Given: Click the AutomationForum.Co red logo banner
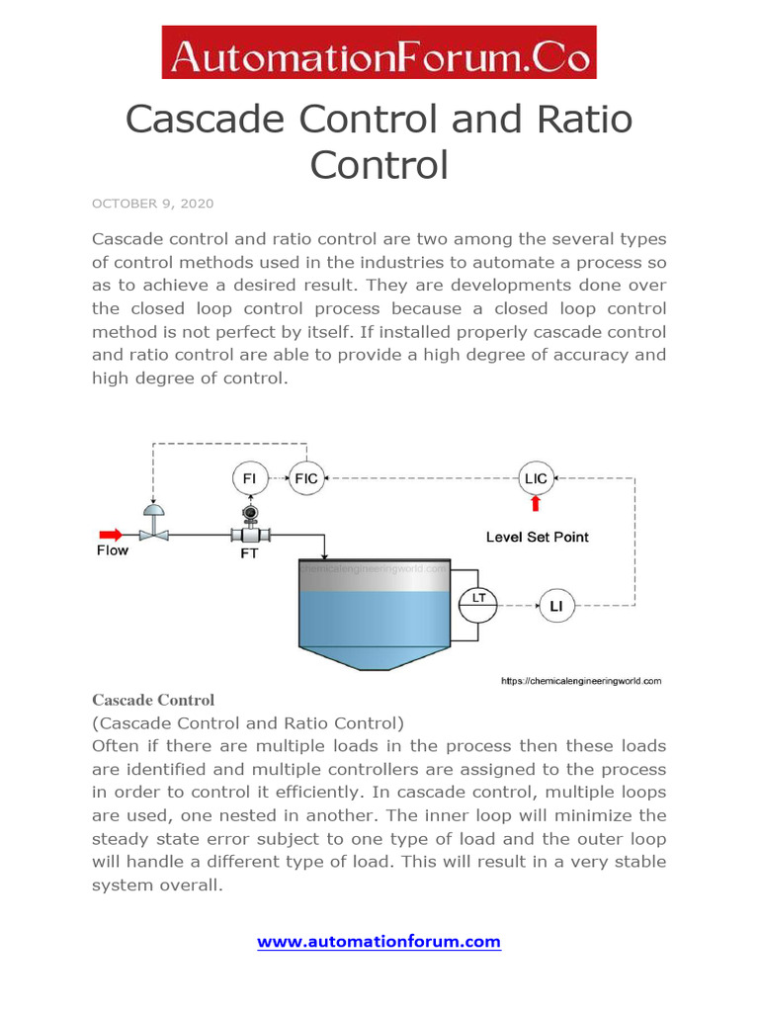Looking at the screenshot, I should point(379,52).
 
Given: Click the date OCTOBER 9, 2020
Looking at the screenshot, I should point(152,204).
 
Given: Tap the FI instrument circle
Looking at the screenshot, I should point(250,478).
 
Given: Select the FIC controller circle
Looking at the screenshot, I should point(306,478).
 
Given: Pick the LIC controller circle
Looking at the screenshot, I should point(535,478).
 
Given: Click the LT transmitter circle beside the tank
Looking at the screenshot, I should point(477,599).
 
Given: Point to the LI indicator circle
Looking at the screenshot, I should point(556,605).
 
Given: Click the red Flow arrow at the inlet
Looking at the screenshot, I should point(111,535).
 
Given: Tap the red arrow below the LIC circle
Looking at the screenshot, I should point(535,505).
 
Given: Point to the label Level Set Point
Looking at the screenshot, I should point(537,537).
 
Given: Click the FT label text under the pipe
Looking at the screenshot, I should point(249,553).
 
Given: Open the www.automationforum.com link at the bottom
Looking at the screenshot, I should point(379,942).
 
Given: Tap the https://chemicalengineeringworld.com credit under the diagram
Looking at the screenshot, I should point(580,681).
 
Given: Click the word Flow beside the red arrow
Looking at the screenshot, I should point(112,550).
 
